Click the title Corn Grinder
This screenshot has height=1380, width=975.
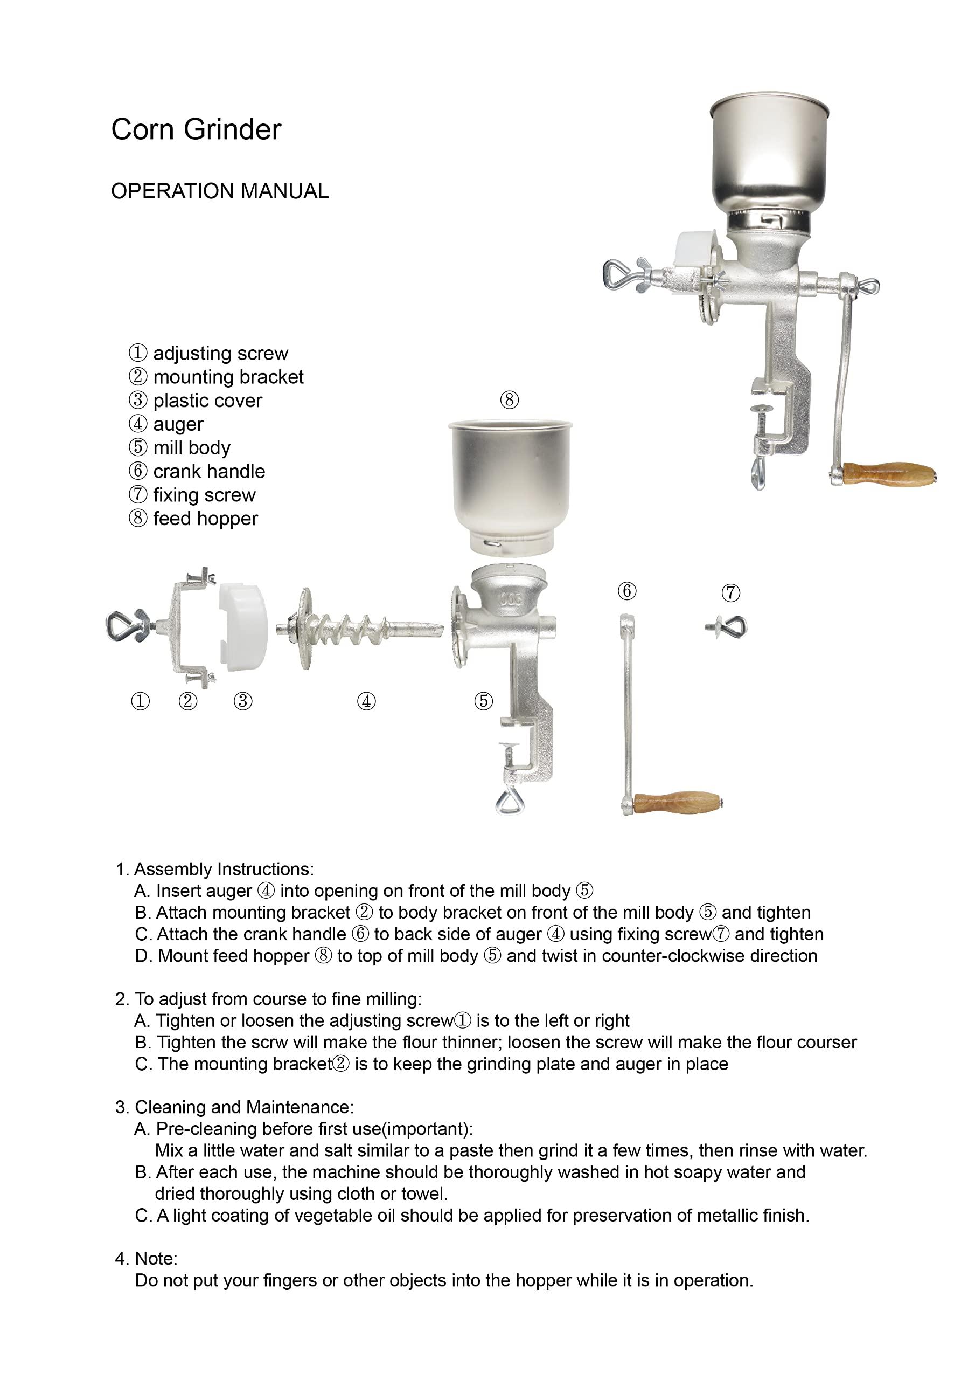click(196, 129)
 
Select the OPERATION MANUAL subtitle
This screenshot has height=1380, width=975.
click(220, 191)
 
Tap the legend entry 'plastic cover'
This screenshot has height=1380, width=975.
click(207, 401)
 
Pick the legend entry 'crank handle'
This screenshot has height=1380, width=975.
click(208, 471)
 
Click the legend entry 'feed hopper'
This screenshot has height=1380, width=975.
click(205, 519)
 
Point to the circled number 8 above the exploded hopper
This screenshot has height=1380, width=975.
click(509, 399)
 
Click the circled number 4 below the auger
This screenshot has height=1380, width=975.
click(366, 701)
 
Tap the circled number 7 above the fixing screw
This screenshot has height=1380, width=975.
click(730, 592)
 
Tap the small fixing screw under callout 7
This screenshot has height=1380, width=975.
click(728, 627)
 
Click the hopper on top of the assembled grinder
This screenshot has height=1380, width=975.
click(768, 156)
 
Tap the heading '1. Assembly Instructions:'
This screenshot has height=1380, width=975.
click(214, 869)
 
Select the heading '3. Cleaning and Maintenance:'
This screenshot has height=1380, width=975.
click(234, 1107)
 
